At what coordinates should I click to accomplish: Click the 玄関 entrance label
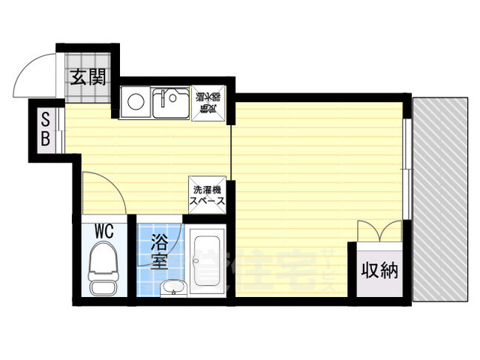(x=88, y=77)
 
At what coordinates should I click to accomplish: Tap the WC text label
(x=103, y=231)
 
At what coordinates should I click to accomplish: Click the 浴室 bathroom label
(x=159, y=251)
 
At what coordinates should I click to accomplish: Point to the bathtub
(x=205, y=262)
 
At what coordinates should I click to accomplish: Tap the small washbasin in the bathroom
(x=173, y=286)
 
